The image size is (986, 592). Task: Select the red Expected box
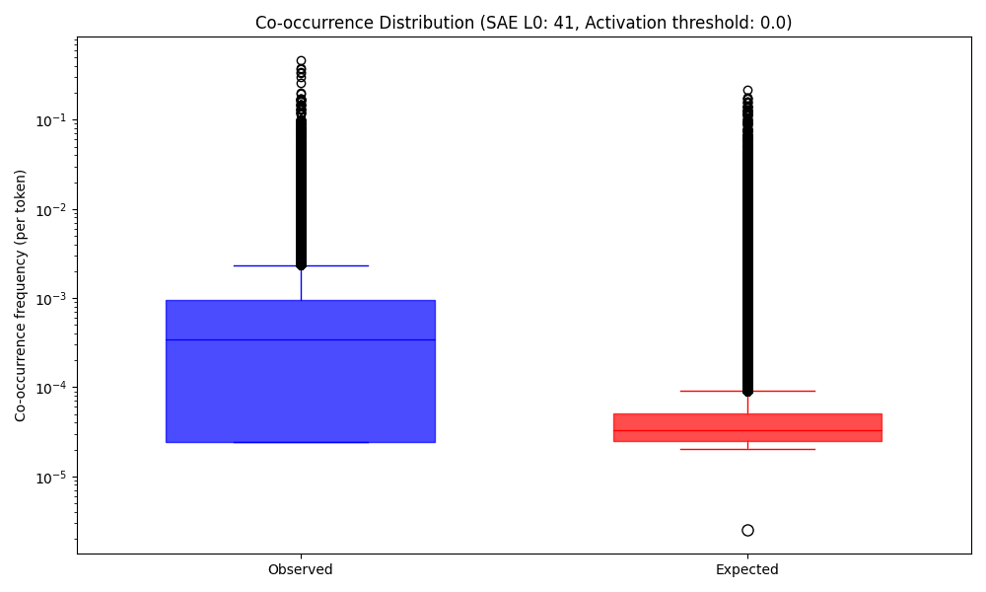pos(746,421)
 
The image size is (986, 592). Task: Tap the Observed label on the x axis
pos(300,569)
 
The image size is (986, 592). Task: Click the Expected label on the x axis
pos(746,569)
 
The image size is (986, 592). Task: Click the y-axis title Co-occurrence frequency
pos(21,295)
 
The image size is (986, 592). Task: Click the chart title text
pos(523,23)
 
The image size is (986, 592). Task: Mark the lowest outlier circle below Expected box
pos(747,530)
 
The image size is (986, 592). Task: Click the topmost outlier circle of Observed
pos(301,61)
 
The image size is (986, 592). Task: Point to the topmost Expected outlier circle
pos(747,91)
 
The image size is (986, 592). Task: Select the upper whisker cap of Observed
pos(301,265)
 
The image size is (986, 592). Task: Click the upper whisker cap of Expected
pos(747,391)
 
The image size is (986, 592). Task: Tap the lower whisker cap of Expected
pos(747,449)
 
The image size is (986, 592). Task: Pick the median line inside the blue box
pos(300,339)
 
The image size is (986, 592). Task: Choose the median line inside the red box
pos(746,430)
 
